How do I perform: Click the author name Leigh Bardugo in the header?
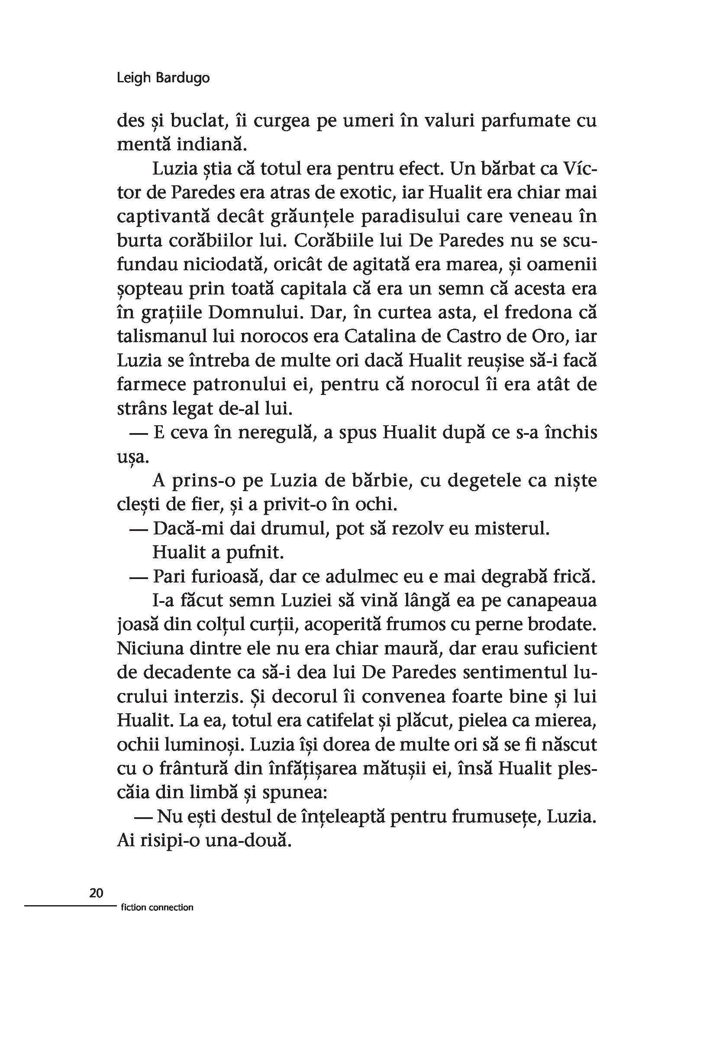163,78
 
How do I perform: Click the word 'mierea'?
569,720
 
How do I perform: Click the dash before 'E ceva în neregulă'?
139,433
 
